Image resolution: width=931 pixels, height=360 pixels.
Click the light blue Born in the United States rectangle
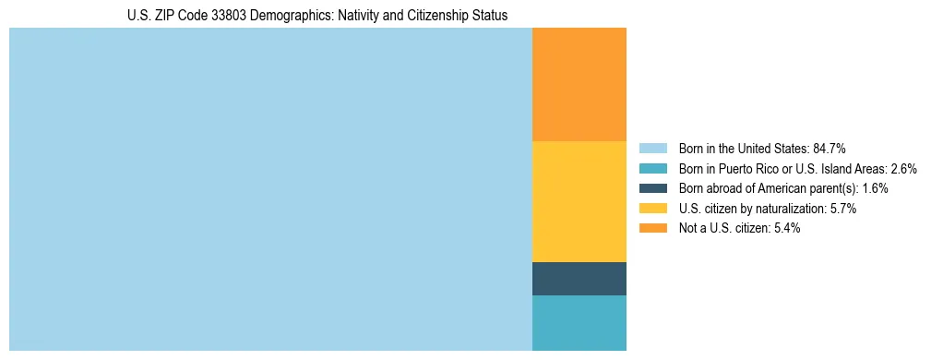270,189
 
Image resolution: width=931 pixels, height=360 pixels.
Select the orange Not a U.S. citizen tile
579,84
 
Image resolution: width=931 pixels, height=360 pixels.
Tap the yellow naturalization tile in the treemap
579,201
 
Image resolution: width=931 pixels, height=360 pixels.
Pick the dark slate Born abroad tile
579,279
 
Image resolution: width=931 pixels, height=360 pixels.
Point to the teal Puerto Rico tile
579,323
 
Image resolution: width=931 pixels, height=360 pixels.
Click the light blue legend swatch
652,149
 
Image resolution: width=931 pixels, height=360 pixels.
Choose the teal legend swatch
652,169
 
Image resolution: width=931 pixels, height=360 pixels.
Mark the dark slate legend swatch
652,188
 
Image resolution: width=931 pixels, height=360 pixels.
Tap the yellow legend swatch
652,209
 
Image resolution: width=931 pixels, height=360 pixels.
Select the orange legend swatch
652,229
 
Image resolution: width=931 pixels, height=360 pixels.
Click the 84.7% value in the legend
830,149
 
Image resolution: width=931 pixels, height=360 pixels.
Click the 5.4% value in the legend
785,229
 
